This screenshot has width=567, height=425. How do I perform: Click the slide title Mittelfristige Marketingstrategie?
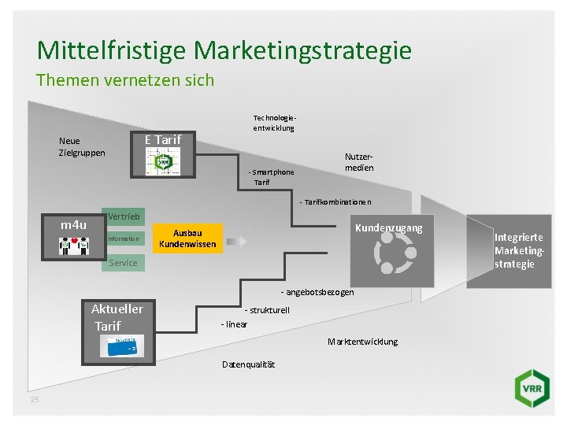[224, 50]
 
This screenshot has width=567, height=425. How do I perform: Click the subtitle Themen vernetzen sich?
[125, 80]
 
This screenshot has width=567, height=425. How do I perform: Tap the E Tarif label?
[162, 139]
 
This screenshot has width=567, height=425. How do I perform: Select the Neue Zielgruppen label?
[82, 146]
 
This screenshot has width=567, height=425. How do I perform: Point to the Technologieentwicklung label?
[273, 121]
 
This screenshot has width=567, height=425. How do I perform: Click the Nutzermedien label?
[358, 162]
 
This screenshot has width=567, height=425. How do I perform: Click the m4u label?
[74, 226]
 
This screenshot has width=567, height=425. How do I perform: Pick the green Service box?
[123, 262]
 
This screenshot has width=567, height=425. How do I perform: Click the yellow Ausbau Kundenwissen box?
[187, 238]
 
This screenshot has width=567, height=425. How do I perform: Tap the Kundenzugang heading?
[388, 228]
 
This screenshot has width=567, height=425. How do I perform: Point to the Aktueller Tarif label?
[117, 317]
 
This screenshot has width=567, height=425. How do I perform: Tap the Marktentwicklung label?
[362, 342]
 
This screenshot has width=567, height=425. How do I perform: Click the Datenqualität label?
[249, 364]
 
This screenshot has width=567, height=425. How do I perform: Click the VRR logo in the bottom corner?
[528, 389]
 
